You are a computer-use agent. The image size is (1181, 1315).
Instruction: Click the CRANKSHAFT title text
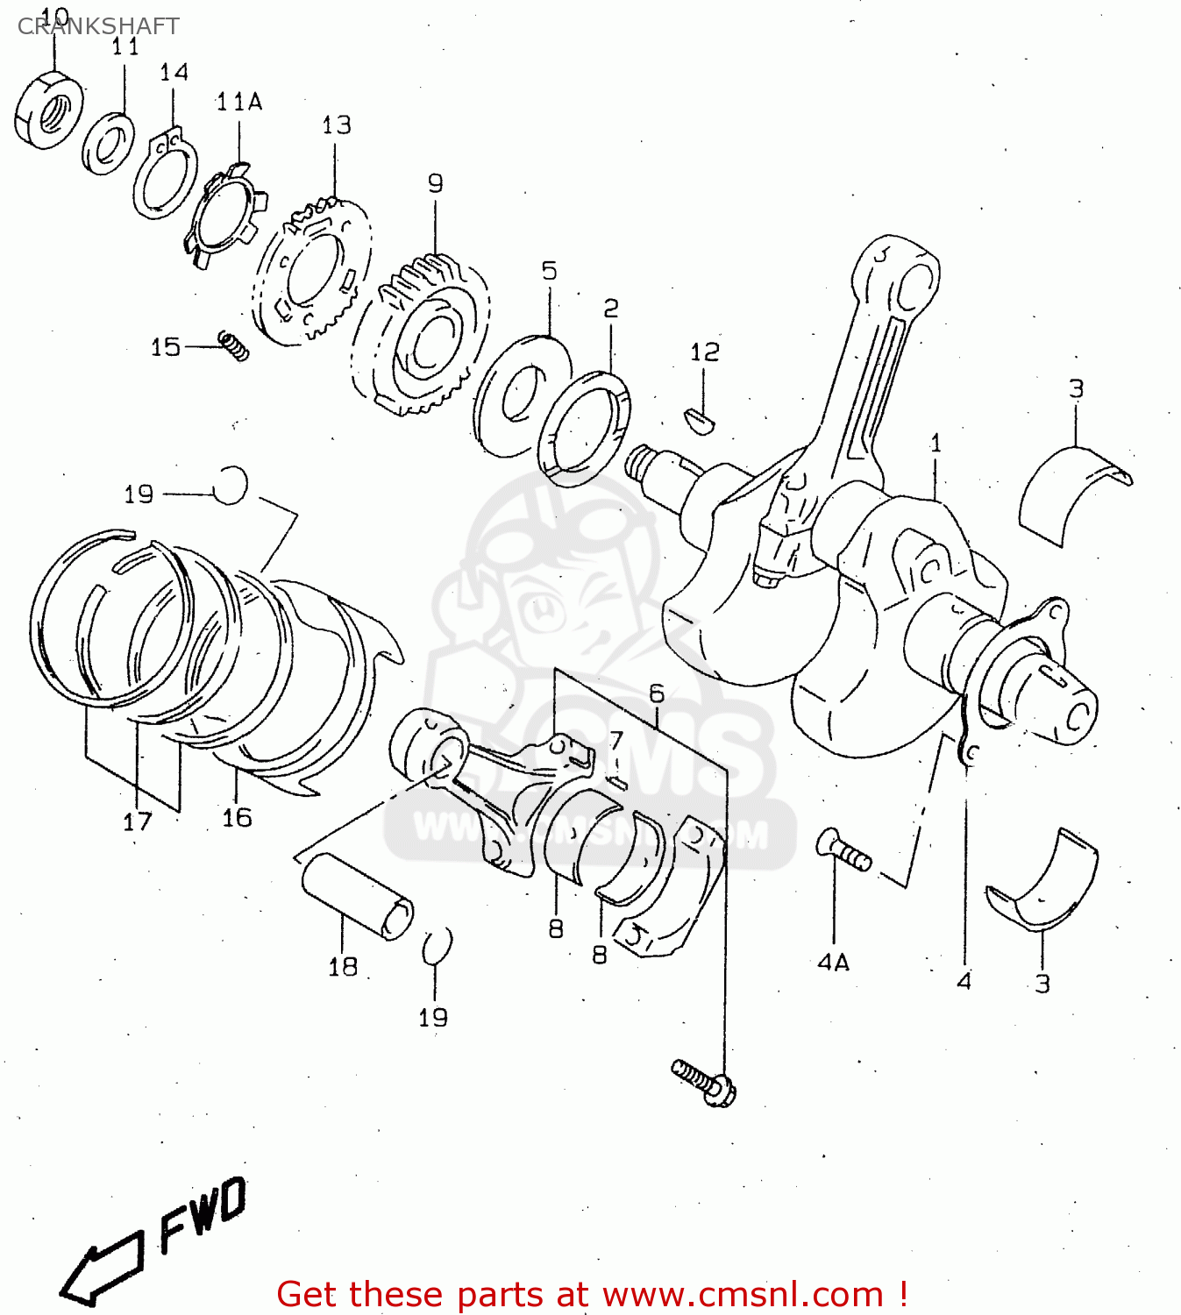click(x=98, y=26)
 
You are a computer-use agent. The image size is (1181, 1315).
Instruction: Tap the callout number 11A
click(x=238, y=103)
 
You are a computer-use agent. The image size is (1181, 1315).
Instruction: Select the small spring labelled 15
click(x=234, y=345)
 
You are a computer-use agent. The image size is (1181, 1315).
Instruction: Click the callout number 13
click(x=336, y=125)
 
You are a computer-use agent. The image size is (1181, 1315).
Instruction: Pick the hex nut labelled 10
click(x=49, y=111)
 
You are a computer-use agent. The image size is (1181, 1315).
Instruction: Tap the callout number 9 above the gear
click(x=436, y=183)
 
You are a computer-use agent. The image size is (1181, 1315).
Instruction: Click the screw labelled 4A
click(x=843, y=849)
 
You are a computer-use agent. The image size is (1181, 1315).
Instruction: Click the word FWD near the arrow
click(x=203, y=1214)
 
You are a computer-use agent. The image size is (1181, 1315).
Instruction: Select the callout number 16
click(x=237, y=818)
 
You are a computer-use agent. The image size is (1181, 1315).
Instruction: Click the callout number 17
click(x=137, y=821)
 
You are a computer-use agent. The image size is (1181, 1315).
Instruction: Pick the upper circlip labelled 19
click(x=231, y=485)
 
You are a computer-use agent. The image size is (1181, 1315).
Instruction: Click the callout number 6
click(x=657, y=693)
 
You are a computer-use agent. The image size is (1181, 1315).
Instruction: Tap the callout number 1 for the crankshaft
click(x=936, y=443)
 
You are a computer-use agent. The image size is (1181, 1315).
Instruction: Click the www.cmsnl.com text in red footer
click(x=743, y=1295)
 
